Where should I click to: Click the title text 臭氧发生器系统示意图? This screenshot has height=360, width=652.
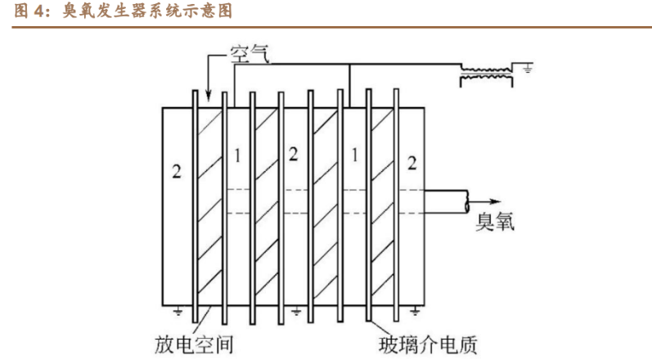tap(147, 11)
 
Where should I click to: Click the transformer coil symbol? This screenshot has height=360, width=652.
tap(486, 74)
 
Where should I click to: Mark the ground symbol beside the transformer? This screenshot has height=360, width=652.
tap(528, 68)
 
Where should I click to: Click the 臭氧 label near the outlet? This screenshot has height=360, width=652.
tap(495, 222)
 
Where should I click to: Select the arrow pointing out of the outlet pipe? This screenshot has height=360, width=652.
tap(484, 201)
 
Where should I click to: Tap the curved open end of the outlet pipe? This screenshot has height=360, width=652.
tap(467, 201)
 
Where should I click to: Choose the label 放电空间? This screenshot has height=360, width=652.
tap(194, 344)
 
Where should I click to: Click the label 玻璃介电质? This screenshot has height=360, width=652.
tap(428, 344)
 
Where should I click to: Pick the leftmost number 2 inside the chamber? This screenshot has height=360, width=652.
tap(177, 171)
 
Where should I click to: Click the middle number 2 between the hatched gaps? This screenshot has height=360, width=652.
tap(293, 154)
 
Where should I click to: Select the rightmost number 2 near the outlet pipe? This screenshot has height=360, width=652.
tap(411, 163)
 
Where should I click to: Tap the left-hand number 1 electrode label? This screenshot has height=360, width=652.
tap(237, 156)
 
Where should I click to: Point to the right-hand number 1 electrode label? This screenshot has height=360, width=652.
tap(354, 155)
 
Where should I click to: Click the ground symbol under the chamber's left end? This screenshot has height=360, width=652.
tap(178, 311)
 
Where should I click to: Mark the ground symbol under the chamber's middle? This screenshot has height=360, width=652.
tap(295, 311)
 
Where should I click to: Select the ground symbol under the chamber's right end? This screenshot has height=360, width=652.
tap(414, 311)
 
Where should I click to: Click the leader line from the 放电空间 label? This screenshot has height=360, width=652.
tap(204, 320)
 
